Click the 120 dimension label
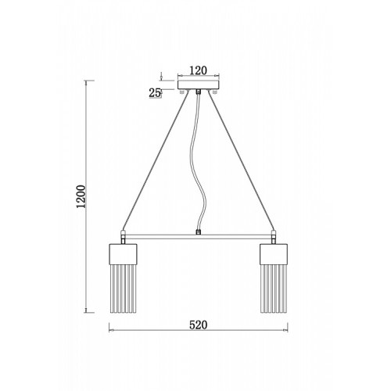pos(198,70)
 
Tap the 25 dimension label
pos(154,93)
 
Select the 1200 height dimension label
pos(81,196)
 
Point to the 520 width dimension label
pos(198,325)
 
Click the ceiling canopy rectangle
pos(199,85)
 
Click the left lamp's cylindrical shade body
pos(123,254)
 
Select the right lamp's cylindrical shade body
pos(274,254)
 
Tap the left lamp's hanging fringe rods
pos(123,289)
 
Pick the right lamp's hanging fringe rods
pos(274,289)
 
